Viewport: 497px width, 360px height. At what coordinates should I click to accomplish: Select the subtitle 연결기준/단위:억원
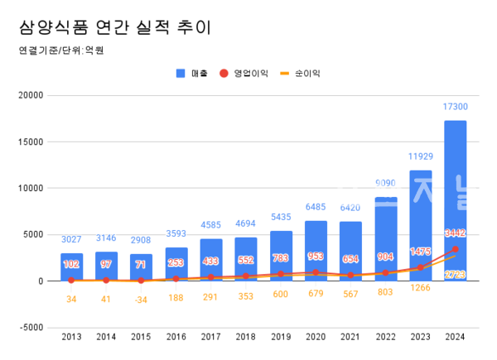click(x=60, y=50)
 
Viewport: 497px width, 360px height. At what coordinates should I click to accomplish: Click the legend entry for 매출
click(x=192, y=74)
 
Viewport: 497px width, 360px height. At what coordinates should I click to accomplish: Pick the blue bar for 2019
click(x=281, y=256)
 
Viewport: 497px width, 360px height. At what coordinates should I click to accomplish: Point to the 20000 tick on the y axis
click(x=31, y=94)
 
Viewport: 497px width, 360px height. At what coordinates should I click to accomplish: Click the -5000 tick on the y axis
click(x=31, y=328)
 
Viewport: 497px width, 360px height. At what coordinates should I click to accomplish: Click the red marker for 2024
click(x=456, y=248)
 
